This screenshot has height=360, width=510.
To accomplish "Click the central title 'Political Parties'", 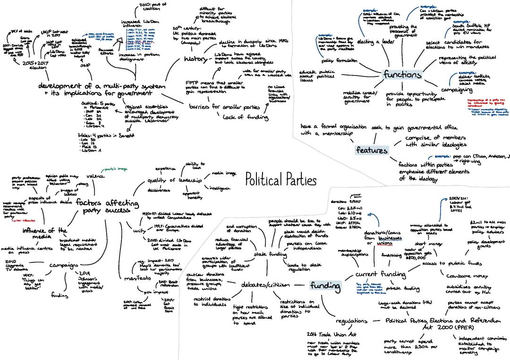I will pos(280,179).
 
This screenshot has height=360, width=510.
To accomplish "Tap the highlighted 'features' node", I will pos(372,150).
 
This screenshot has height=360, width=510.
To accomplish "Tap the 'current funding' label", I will pos(380,274).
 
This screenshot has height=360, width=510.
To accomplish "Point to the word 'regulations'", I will pos(351,321).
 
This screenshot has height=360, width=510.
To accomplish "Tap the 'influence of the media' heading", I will pos(44,234).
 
